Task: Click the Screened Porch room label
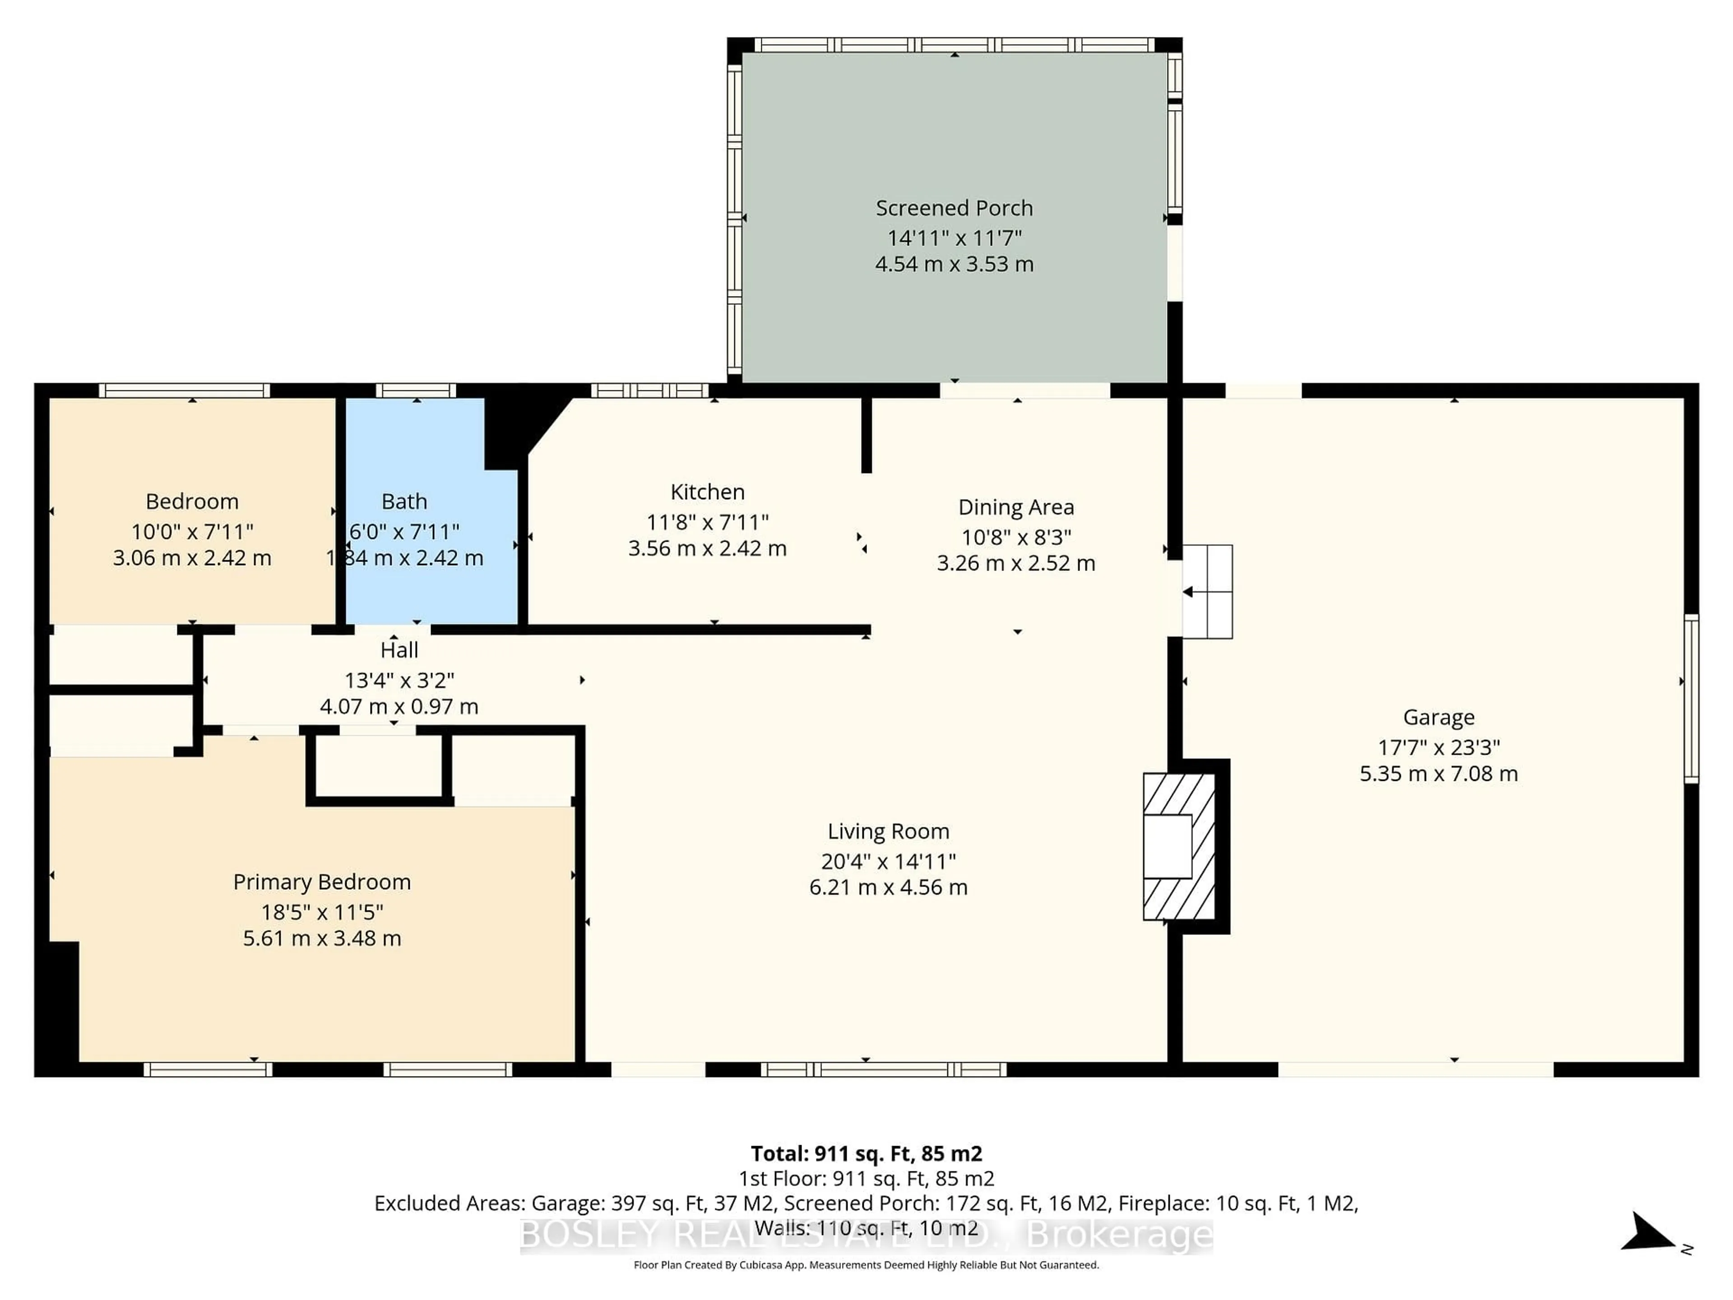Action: tap(954, 209)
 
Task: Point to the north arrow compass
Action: tap(1649, 1233)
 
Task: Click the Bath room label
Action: tap(404, 501)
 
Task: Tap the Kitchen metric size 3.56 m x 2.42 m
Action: tap(707, 548)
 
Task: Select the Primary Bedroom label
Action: tap(321, 882)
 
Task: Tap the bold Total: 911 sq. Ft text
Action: tap(866, 1153)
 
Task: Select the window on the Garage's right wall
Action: tap(1691, 698)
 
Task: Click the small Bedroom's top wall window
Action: tap(184, 390)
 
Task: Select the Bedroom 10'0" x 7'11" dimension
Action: tap(192, 532)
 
